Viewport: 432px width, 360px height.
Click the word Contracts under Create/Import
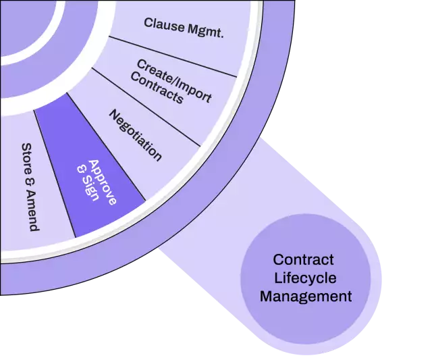tap(157, 90)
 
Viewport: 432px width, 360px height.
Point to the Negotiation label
tap(135, 135)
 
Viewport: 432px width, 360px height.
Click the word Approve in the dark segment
tap(102, 182)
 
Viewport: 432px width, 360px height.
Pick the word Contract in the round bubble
tap(303, 260)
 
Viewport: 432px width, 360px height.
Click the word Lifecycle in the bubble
tap(305, 278)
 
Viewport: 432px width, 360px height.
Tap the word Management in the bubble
tap(306, 296)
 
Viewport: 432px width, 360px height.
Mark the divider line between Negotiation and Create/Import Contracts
tap(146, 106)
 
